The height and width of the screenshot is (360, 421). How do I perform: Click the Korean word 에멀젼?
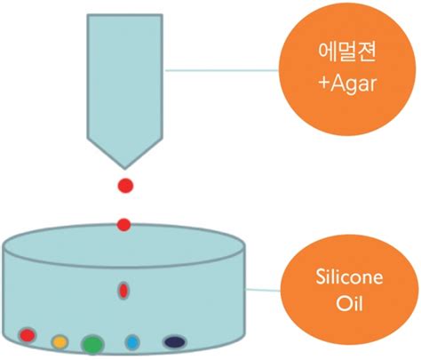(347, 52)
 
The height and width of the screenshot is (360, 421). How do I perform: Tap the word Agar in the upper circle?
(353, 85)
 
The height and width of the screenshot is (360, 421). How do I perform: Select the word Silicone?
(349, 276)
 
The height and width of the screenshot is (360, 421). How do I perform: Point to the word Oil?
(349, 303)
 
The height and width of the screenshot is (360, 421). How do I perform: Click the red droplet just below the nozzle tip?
(125, 186)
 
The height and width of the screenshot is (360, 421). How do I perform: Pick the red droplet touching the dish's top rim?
(123, 225)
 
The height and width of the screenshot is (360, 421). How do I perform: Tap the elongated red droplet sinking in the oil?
(123, 291)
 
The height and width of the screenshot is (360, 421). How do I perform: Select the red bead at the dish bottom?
(28, 335)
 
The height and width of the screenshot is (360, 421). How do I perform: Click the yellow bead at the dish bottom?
(60, 342)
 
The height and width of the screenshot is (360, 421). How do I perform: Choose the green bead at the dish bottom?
(92, 345)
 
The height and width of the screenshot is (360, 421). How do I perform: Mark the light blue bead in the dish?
(132, 342)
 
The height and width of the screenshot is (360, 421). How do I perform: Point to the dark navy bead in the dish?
(175, 342)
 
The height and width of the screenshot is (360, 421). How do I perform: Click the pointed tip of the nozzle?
(124, 169)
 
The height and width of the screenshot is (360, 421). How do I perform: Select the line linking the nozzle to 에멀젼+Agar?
(222, 70)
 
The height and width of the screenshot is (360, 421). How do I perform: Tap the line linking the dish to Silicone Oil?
(263, 290)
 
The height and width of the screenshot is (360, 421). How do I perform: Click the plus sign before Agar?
(324, 84)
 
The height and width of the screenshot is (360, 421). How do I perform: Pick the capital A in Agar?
(338, 83)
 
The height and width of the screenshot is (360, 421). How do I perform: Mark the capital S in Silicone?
(321, 277)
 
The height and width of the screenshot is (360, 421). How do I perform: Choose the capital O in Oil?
(344, 303)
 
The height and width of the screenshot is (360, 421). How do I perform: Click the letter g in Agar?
(352, 87)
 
